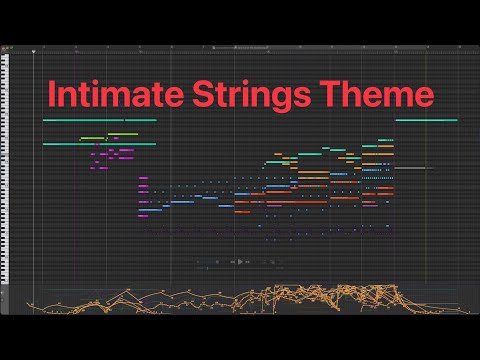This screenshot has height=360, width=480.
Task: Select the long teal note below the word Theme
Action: (x=427, y=121)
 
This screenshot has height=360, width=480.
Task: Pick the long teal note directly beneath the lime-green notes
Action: (x=99, y=144)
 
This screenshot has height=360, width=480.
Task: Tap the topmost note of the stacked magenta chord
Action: (x=143, y=178)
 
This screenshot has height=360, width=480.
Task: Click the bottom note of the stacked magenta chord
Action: (x=143, y=213)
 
